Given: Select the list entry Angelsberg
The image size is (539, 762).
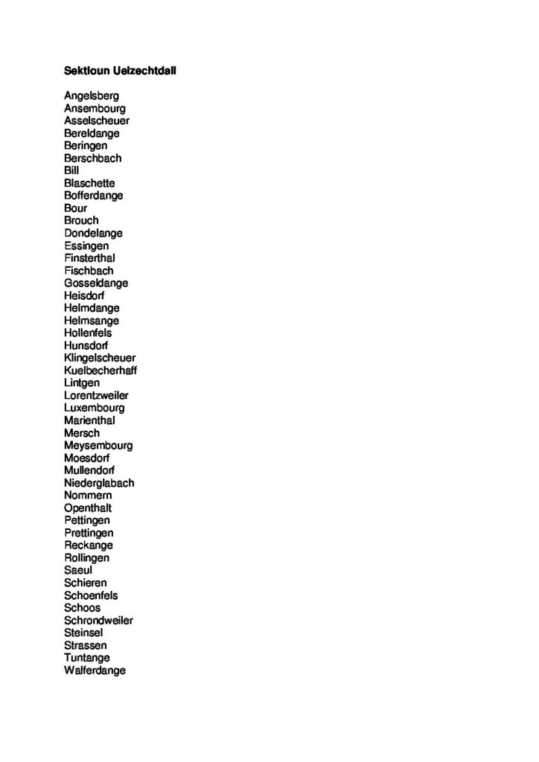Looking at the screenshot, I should click(x=92, y=96).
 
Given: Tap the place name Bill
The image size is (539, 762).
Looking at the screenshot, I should click(x=71, y=170).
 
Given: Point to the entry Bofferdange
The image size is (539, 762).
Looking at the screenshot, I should click(x=94, y=196).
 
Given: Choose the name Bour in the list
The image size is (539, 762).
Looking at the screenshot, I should click(x=76, y=208).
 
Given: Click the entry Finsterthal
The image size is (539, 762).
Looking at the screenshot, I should click(x=89, y=258).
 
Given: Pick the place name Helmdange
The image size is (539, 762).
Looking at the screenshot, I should click(x=92, y=308).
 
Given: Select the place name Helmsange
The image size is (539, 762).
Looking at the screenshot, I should click(x=92, y=321).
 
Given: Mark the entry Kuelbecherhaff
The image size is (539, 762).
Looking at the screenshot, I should click(x=101, y=371).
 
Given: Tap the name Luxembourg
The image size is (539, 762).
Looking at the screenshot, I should click(x=95, y=408).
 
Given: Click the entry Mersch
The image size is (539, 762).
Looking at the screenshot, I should click(x=82, y=433).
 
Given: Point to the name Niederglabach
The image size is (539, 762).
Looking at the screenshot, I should click(x=99, y=483).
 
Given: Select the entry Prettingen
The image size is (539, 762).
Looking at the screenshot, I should click(x=89, y=533).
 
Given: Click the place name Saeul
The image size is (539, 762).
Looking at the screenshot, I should click(x=78, y=570).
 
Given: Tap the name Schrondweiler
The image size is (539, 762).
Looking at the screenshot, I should click(x=99, y=621).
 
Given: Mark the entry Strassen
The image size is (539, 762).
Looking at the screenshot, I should click(x=86, y=645).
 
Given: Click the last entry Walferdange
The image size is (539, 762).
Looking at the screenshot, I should click(x=95, y=670).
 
